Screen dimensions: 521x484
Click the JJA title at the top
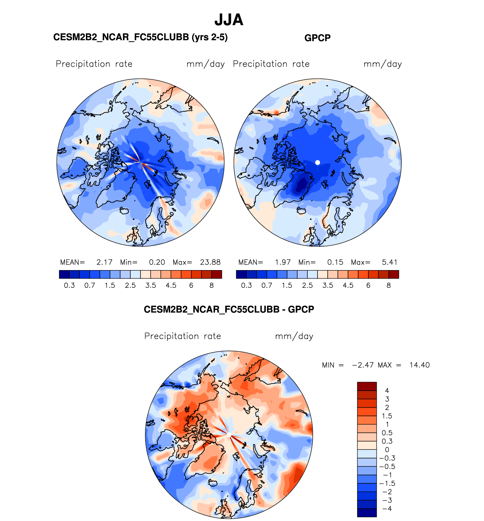click(x=229, y=20)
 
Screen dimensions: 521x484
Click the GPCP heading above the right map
click(x=317, y=38)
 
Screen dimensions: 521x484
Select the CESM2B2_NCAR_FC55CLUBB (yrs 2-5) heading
click(x=140, y=37)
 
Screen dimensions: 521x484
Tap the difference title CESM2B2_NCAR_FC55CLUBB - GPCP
click(x=229, y=310)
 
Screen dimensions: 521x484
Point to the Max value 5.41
click(x=389, y=262)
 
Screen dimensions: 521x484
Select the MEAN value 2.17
click(x=104, y=262)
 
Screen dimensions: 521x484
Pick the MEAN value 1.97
click(x=283, y=262)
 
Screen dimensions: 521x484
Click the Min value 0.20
click(x=157, y=262)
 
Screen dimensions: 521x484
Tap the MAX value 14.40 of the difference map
click(x=419, y=365)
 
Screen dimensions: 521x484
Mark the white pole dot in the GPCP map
click(x=318, y=162)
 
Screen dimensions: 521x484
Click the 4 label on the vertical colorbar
click(x=387, y=391)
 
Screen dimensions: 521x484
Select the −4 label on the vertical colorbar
click(x=387, y=509)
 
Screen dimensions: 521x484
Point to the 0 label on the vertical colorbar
click(x=387, y=450)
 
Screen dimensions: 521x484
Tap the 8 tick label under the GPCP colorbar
click(x=389, y=286)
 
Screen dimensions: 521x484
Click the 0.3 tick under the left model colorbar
click(x=69, y=286)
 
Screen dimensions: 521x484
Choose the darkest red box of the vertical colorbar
click(x=367, y=386)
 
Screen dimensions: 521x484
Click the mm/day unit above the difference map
click(x=294, y=336)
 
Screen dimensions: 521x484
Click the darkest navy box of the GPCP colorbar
click(x=241, y=275)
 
